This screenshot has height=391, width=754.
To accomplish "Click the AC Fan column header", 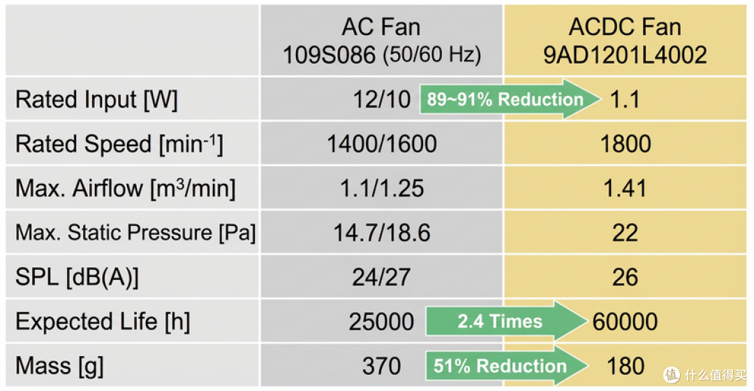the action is point(381,41).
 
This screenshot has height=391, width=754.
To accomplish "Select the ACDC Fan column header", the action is point(625,41).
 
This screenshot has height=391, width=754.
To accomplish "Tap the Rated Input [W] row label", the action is point(96,100).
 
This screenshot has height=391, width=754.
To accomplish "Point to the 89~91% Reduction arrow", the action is point(510,99).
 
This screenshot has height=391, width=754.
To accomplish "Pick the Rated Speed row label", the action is point(120,145).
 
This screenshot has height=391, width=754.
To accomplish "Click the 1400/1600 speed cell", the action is point(382,144).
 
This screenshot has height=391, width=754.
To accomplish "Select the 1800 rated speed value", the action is point(626,144).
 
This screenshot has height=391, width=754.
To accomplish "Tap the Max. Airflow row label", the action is point(126,189).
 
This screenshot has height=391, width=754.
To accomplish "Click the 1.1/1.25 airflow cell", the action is point(382,189).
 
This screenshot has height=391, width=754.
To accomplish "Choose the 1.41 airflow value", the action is point(626,189).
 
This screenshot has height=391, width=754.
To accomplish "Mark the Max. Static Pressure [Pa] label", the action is point(135,233).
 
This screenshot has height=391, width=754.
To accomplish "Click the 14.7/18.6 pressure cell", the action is point(383,233).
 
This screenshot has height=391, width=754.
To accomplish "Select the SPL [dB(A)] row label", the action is point(77,278).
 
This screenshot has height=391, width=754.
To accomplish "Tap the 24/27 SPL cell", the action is point(382,278).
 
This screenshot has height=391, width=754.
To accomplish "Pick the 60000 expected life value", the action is point(625,322).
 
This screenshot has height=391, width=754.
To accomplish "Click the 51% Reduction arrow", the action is point(508,366).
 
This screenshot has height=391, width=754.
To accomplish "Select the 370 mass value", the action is point(382,367).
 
